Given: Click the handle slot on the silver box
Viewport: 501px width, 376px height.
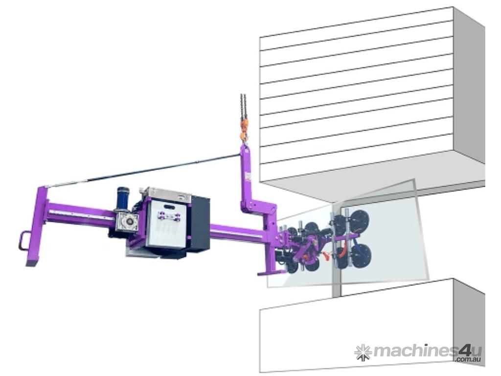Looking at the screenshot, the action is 168,207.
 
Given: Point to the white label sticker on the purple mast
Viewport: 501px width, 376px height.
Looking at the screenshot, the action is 247,176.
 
